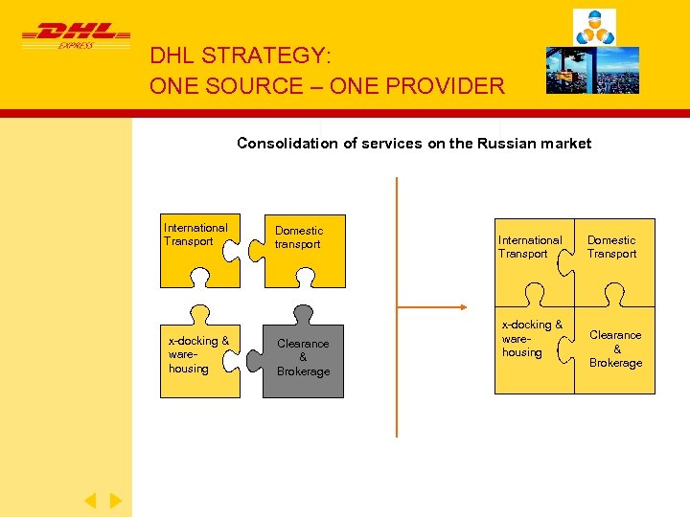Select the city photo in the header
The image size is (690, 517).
(592, 70)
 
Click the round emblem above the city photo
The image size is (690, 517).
(594, 26)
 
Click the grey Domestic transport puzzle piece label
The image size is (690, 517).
(299, 237)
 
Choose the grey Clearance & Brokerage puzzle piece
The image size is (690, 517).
(303, 356)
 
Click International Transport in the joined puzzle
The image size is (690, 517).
(530, 247)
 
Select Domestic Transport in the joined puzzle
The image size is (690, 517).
(611, 247)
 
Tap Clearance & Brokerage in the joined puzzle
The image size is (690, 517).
(615, 348)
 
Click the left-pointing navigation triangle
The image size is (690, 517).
(90, 500)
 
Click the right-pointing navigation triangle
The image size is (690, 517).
(115, 500)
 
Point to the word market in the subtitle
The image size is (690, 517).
(566, 144)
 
